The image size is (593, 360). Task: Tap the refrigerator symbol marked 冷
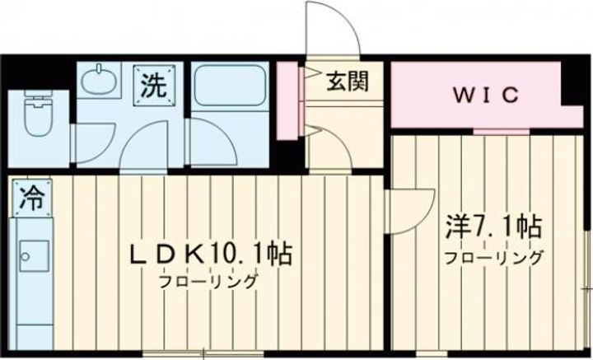(x=30, y=195)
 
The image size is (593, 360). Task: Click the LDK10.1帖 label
(x=211, y=253)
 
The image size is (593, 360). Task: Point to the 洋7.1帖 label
(x=494, y=226)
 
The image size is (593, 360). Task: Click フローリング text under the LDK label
(x=210, y=280)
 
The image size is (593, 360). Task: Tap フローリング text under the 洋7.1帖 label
(x=494, y=258)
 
